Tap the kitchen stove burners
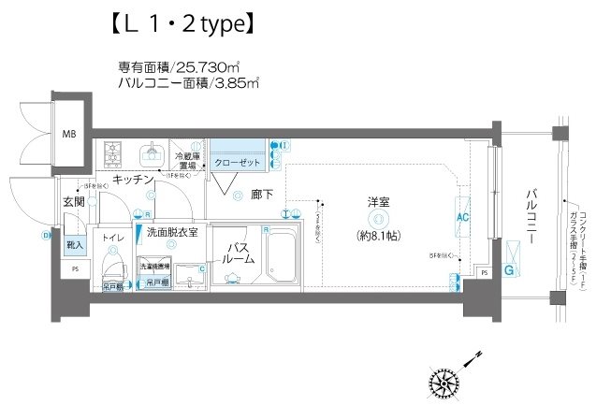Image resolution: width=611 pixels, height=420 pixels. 113,151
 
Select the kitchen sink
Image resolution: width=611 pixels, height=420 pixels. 152,152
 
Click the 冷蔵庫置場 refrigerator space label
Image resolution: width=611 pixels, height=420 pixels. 190,160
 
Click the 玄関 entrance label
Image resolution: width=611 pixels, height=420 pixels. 74,201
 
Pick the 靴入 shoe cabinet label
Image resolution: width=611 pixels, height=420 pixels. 74,245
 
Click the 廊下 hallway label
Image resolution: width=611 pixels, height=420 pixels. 261,196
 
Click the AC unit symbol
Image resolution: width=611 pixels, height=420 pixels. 461,216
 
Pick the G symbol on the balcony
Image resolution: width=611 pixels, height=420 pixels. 510,271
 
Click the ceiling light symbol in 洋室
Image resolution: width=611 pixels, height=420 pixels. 375,217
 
